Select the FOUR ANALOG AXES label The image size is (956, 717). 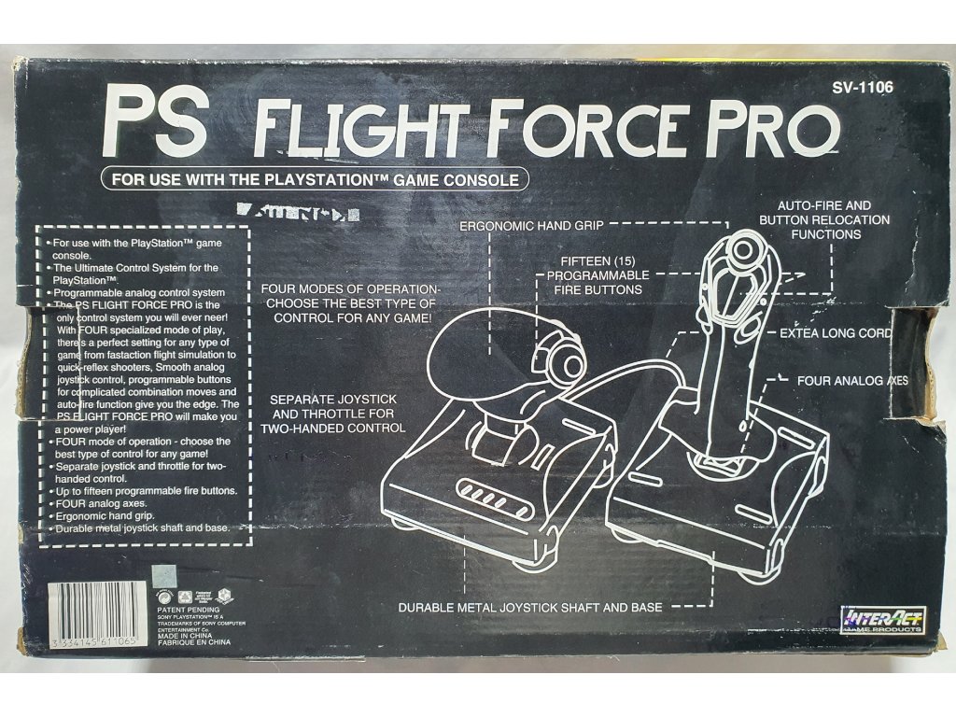(x=852, y=381)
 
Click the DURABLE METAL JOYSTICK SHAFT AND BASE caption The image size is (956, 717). (x=530, y=608)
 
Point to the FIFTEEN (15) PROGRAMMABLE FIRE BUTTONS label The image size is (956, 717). (x=597, y=275)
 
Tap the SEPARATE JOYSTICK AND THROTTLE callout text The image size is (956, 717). (x=336, y=414)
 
